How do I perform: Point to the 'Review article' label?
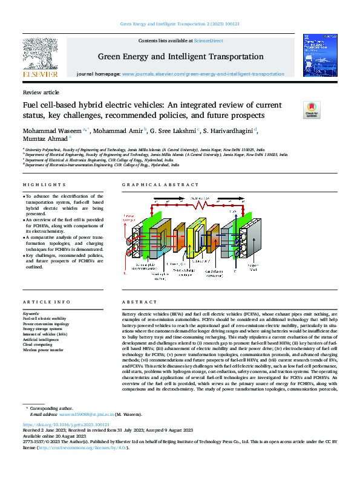[x=41, y=92]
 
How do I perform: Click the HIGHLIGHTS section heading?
[x=44, y=184]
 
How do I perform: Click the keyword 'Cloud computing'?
[x=39, y=344]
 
